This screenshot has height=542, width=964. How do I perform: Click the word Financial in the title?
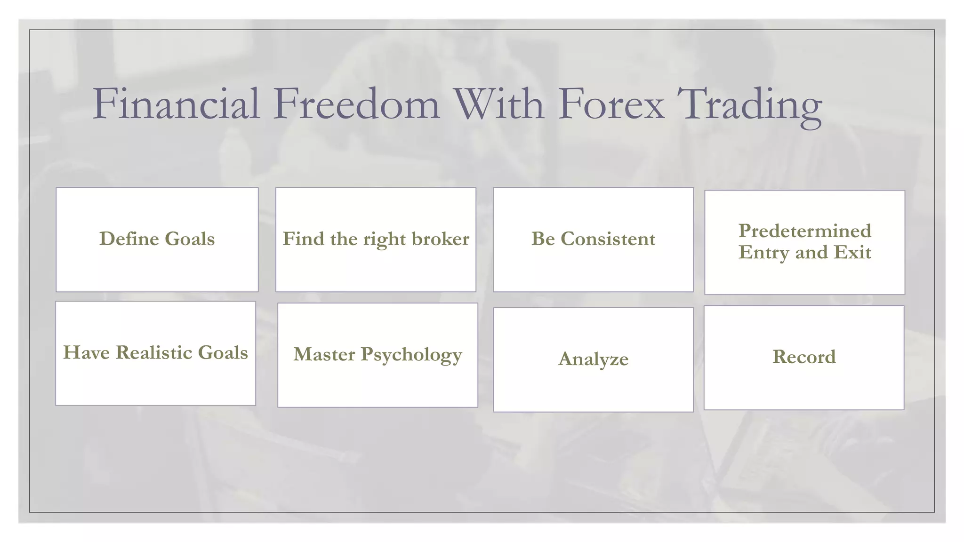tap(177, 104)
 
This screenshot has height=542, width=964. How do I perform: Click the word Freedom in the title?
tap(356, 104)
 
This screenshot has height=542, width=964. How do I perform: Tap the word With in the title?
tap(499, 104)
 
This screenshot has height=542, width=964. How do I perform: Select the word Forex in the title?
tap(612, 104)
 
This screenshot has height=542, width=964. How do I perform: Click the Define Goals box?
tap(157, 239)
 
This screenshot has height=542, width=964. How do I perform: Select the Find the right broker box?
tap(376, 239)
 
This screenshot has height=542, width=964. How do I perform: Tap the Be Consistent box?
tap(593, 239)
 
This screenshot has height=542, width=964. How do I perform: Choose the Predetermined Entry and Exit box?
tap(804, 242)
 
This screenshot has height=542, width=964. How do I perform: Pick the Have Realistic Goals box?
tap(156, 353)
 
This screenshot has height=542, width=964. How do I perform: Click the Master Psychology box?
tap(378, 355)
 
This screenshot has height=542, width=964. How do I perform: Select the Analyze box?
tap(593, 359)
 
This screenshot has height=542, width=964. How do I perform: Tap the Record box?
tap(804, 358)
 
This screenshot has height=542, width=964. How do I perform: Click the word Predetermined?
tap(804, 231)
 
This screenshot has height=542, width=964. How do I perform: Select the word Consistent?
tap(608, 239)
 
